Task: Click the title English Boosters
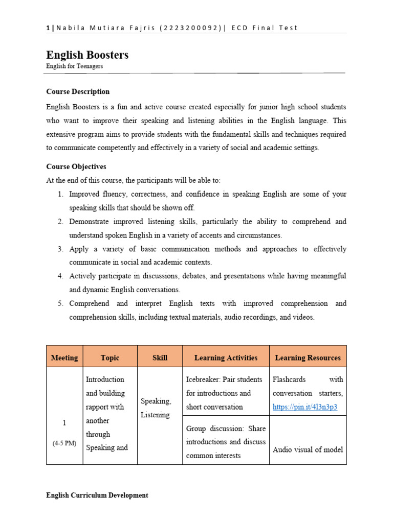click(87, 55)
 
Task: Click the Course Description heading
click(78, 92)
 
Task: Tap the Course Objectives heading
click(76, 167)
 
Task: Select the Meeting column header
click(64, 358)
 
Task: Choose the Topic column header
click(110, 358)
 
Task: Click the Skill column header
click(160, 358)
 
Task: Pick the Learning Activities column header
click(226, 358)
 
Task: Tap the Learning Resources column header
click(308, 358)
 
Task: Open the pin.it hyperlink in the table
click(305, 408)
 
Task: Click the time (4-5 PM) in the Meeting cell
click(64, 443)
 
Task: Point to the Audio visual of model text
click(308, 449)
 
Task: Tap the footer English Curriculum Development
click(97, 495)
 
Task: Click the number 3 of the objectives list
click(60, 249)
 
